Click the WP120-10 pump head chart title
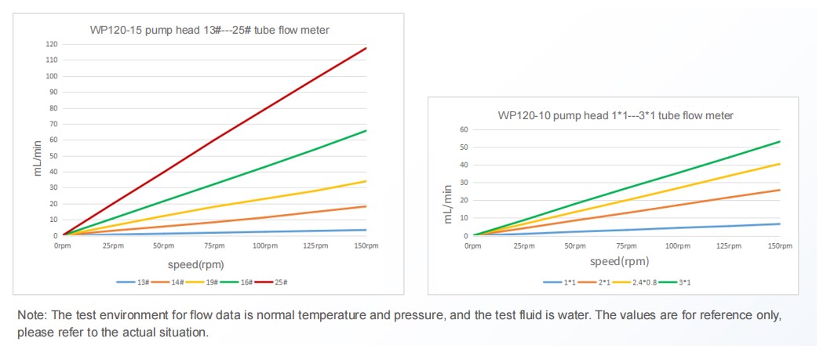pos(615,115)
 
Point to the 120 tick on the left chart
pos(52,45)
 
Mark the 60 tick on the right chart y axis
pos(464,129)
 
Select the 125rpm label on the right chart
pos(729,246)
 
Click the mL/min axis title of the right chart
pos(449,205)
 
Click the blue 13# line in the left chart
pos(235,232)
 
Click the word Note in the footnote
pos(32,315)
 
